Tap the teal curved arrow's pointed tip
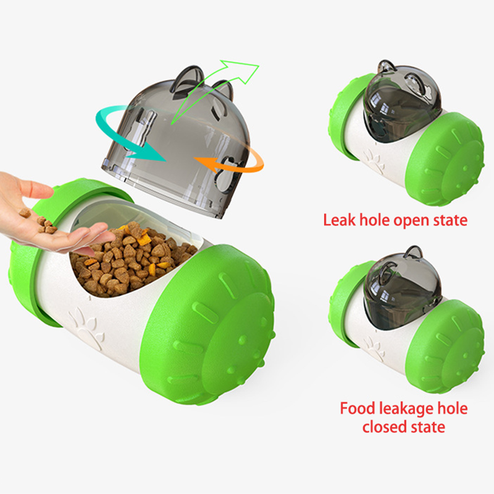[165, 160]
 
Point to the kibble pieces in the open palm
[39, 220]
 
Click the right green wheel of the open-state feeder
[445, 159]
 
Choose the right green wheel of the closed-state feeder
[445, 347]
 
